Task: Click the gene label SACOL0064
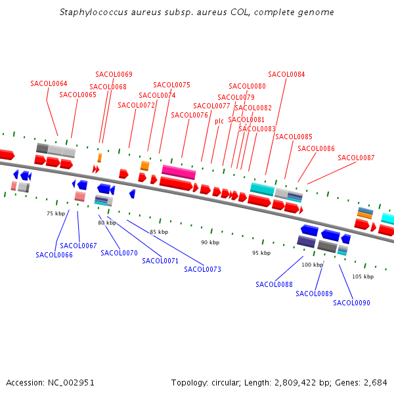tap(49, 83)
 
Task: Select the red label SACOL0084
tap(286, 74)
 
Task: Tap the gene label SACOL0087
tap(356, 158)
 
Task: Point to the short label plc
tap(219, 121)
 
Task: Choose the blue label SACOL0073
tap(202, 269)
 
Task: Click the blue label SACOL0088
tap(274, 284)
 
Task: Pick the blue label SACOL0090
tap(351, 303)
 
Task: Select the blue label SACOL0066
tap(54, 255)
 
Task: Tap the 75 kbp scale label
tap(56, 213)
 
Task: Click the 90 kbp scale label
tap(209, 242)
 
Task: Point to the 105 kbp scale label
tap(362, 276)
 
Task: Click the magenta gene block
tap(179, 172)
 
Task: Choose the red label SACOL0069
tap(114, 74)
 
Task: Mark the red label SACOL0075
tap(171, 85)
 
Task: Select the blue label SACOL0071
tap(160, 261)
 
